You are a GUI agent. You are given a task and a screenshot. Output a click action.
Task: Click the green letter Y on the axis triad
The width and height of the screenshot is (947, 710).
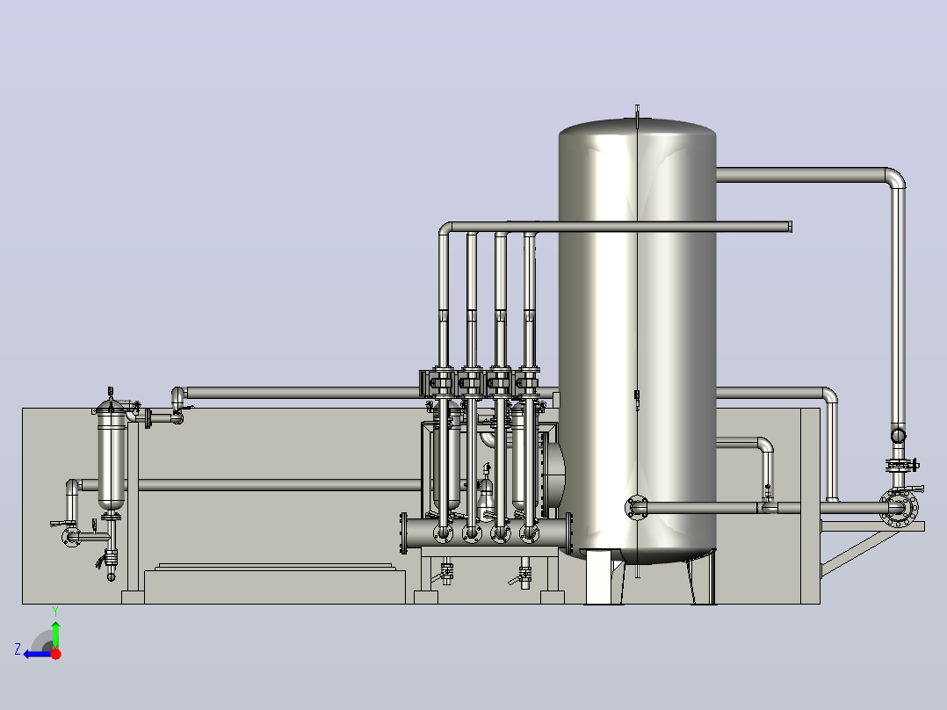(x=55, y=612)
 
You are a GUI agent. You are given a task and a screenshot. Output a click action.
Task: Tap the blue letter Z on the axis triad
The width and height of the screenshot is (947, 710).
(x=18, y=649)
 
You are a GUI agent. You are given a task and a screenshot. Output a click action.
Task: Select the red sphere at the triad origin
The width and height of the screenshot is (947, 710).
(x=55, y=654)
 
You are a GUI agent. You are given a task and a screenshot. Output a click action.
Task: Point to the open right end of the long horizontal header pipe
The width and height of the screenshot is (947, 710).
(x=790, y=227)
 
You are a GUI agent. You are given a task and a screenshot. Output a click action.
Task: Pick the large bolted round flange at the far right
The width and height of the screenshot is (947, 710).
(x=898, y=508)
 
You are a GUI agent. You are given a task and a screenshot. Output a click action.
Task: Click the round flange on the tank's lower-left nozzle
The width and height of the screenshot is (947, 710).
(x=636, y=508)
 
